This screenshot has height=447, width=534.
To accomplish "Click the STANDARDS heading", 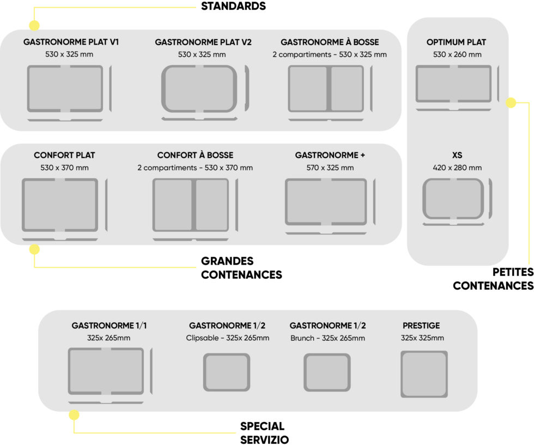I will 233,7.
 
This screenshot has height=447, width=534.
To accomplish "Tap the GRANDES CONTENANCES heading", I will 241,268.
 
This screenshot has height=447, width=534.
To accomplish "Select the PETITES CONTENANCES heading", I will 493,279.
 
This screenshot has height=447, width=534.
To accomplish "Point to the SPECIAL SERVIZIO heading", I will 264,433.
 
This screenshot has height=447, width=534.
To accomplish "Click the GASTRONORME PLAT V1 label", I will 71,42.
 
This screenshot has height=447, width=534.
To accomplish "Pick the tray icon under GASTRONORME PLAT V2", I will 199,89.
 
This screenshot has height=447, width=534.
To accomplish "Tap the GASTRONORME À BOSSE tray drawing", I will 325,89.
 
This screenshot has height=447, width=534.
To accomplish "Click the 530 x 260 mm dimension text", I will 457,54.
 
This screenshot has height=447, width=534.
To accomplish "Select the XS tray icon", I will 453,199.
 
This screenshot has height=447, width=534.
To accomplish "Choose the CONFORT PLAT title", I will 64,155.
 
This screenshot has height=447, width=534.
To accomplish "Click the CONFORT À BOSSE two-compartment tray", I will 190,205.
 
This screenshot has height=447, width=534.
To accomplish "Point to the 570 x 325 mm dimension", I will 330,168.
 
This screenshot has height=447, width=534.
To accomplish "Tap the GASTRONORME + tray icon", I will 326,202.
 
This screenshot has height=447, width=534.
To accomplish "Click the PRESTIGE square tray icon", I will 424,374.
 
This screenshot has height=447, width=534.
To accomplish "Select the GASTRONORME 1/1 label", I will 109,326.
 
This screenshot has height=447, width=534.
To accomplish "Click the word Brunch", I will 302,338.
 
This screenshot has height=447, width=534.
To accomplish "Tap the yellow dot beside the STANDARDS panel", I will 34,26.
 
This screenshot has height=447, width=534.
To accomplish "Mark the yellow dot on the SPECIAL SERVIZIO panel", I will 74,415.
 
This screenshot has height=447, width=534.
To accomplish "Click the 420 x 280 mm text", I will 457,168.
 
